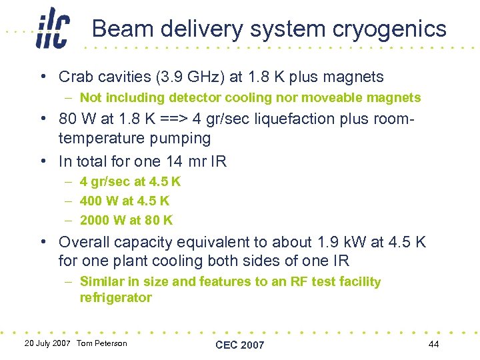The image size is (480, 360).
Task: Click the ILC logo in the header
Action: [x=53, y=28]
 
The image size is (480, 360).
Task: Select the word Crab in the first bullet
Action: [x=75, y=77]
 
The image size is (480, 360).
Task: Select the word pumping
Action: [x=179, y=139]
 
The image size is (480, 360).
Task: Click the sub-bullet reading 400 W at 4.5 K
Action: [x=125, y=201]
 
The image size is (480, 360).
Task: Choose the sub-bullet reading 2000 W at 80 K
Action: [x=126, y=220]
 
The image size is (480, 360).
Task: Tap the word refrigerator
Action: [x=115, y=298]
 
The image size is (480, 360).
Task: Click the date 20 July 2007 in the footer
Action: [x=47, y=343]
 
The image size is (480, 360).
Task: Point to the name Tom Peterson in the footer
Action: [x=101, y=343]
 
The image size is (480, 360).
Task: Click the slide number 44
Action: [x=434, y=343]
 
